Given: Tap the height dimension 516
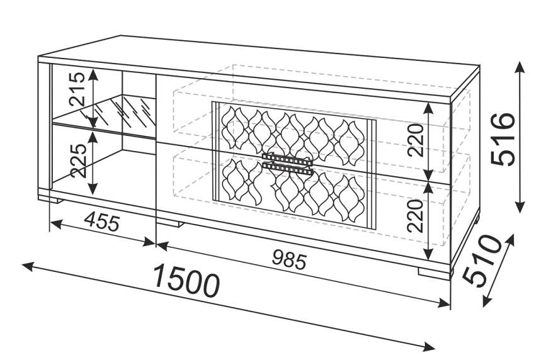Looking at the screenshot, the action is pos(503,139).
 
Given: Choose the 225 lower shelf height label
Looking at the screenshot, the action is pos(78,160).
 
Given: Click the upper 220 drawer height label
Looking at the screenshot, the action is pos(415,140).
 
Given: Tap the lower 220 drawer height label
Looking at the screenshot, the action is pos(415,216).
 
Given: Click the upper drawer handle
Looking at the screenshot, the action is pos(287,158).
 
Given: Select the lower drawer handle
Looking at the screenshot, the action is pos(287,169).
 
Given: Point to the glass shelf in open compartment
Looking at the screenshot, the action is pos(104,116).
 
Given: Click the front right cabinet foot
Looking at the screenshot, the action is pos(435,273).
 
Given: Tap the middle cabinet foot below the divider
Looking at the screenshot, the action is pos(169,223).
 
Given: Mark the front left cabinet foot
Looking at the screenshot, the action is pos(51,199).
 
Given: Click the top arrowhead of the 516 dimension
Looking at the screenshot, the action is pos(520,67).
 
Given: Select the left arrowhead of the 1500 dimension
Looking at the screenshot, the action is pos(28,266).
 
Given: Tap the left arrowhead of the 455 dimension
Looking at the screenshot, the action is pos(56,224).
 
